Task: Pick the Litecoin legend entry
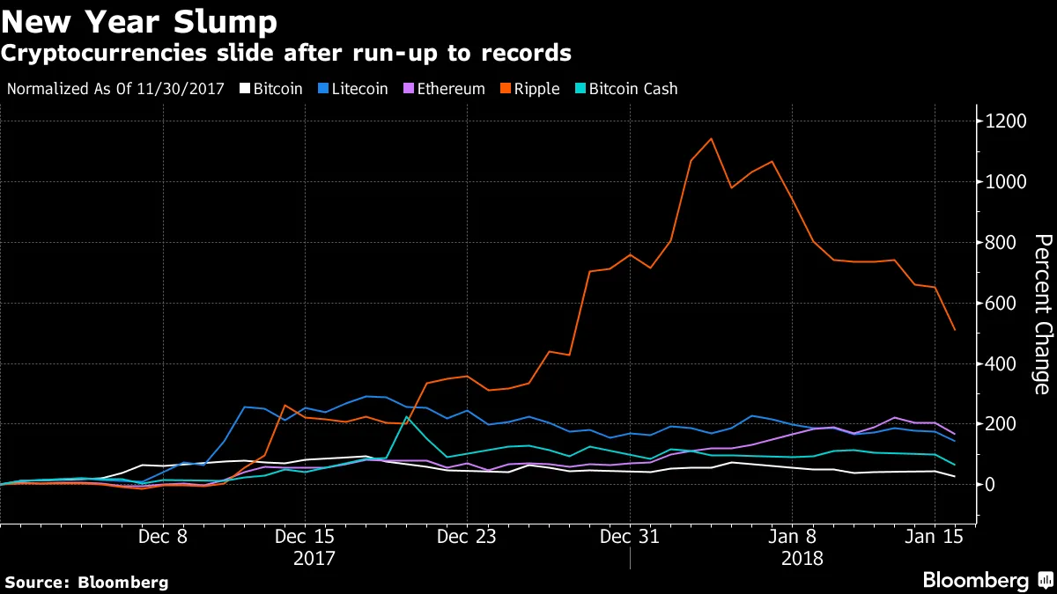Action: tap(356, 89)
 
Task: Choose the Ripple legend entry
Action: tap(532, 89)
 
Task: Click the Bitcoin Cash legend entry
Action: tap(627, 89)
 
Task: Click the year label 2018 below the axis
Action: tap(802, 558)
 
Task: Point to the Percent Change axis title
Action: tap(1042, 314)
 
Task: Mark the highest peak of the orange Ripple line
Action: tap(711, 138)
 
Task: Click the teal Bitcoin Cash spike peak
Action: tap(406, 416)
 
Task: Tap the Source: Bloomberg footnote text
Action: tap(86, 582)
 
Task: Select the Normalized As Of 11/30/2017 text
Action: tap(115, 89)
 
